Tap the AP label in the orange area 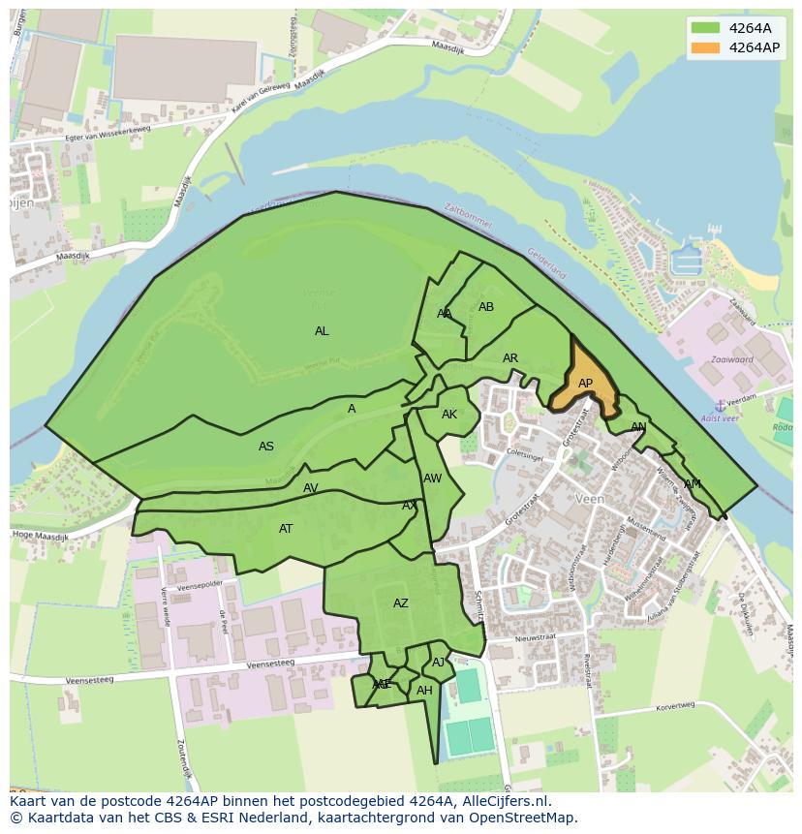(x=585, y=384)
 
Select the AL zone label (x=322, y=331)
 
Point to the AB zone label (x=486, y=307)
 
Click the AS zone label (x=266, y=447)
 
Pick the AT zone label (x=286, y=529)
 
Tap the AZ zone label (x=401, y=603)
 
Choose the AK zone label (x=449, y=415)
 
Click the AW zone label (x=433, y=479)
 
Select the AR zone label (x=510, y=358)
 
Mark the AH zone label (x=424, y=691)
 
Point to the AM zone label (x=693, y=484)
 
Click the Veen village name (x=589, y=499)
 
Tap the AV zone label (x=311, y=488)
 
